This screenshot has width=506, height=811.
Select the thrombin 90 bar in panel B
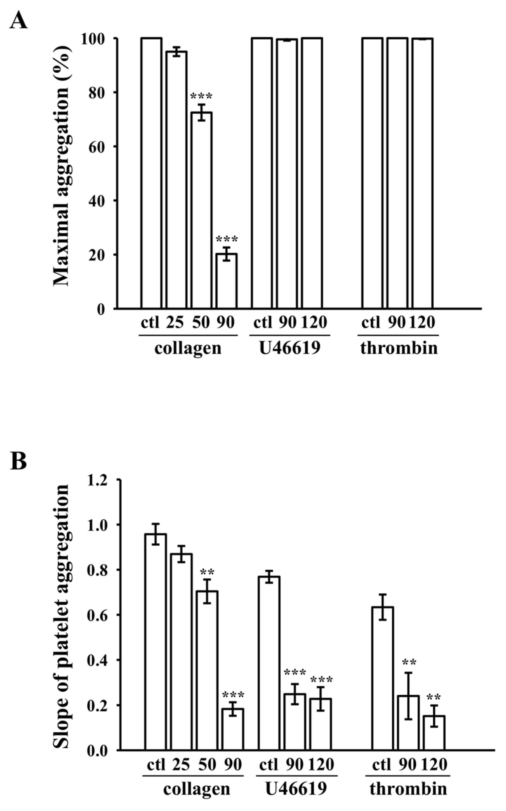tap(408, 722)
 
